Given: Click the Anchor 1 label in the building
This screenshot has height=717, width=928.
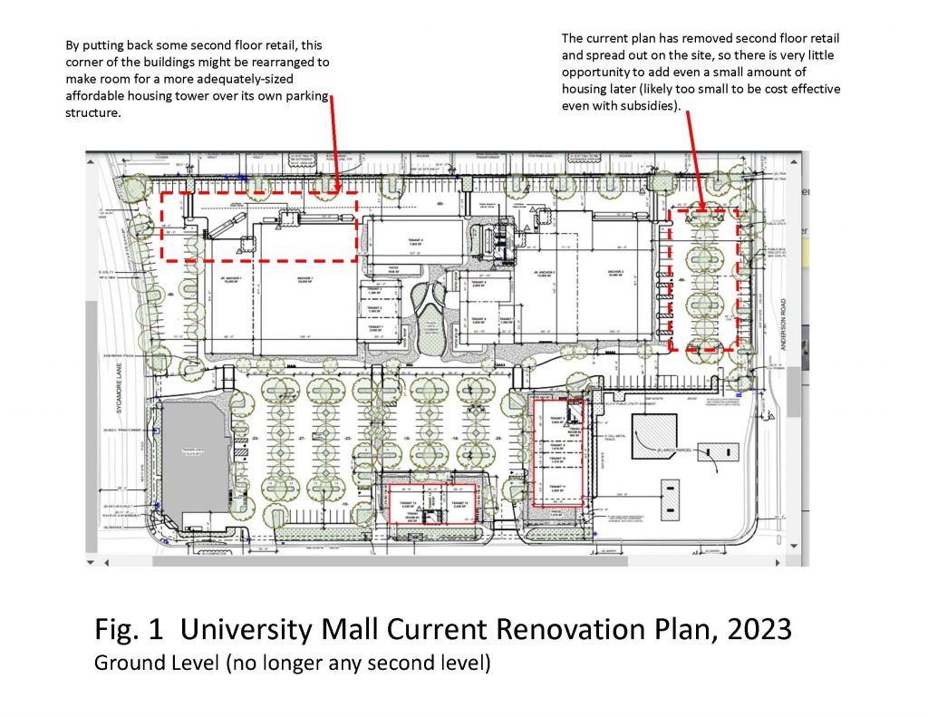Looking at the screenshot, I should pos(305,277).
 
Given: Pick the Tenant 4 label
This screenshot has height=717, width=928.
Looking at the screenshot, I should pos(415,241).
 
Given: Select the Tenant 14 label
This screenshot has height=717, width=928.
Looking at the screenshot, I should pos(459,504).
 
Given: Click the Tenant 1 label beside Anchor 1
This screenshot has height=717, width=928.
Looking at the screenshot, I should pos(375,292).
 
